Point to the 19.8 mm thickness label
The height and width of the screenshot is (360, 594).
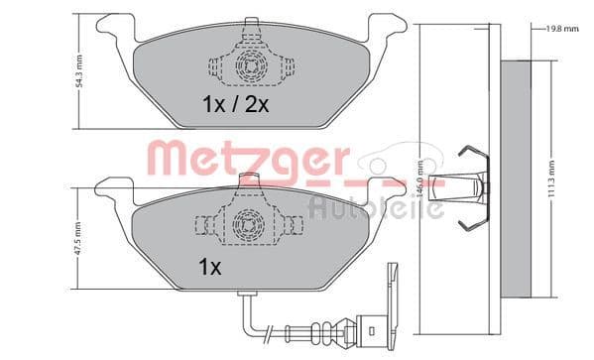558,29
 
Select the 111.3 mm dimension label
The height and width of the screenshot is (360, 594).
567,180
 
